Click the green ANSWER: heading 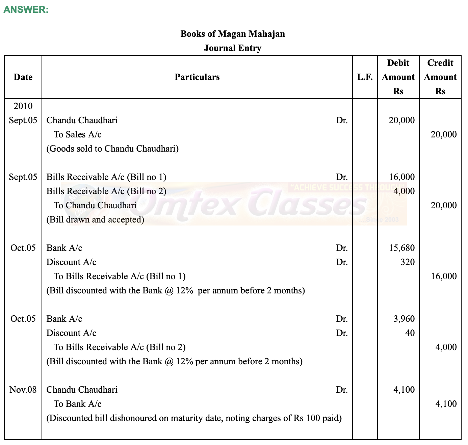tap(26, 9)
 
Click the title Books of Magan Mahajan tap(233, 34)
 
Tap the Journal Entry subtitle tap(233, 48)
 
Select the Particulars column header tap(197, 77)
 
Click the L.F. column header tap(365, 77)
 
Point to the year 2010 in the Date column tap(23, 106)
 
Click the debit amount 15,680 tap(401, 248)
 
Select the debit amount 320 tap(407, 262)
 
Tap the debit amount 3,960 tap(404, 319)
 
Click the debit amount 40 tap(410, 333)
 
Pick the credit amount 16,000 tap(444, 276)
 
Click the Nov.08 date tap(23, 390)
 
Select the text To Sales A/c tap(77, 134)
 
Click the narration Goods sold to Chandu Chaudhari tap(112, 149)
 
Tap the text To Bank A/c tap(77, 404)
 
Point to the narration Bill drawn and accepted tap(95, 219)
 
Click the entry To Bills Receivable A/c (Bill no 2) tap(120, 347)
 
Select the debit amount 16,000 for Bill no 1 tap(401, 177)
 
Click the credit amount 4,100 tap(446, 404)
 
